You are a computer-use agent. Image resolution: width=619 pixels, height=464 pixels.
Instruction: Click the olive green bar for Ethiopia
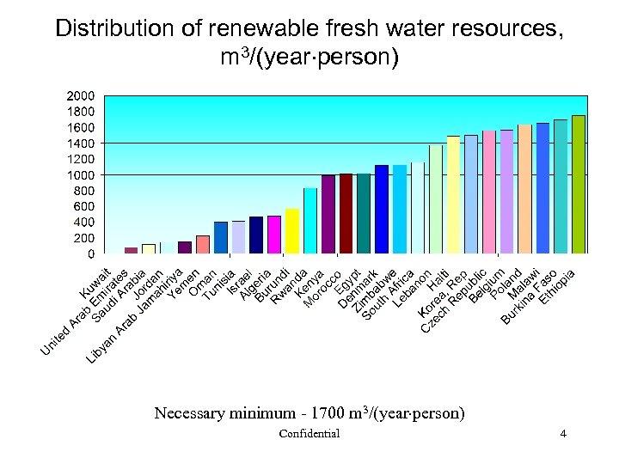click(x=578, y=185)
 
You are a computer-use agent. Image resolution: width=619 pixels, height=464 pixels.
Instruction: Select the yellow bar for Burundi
click(x=292, y=231)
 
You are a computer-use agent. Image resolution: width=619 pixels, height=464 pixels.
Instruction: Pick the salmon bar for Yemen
click(x=203, y=245)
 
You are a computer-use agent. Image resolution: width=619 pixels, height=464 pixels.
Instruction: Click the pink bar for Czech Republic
click(x=488, y=192)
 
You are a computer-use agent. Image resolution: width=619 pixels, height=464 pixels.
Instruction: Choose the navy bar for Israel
click(x=256, y=235)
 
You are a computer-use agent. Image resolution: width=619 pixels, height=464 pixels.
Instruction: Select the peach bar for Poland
click(x=524, y=189)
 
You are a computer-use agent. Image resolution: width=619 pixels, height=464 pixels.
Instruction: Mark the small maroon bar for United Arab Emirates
click(x=131, y=251)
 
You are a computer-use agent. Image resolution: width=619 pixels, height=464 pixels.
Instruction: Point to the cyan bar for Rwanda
click(x=309, y=221)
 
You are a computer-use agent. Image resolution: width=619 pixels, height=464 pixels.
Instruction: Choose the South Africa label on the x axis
click(x=388, y=296)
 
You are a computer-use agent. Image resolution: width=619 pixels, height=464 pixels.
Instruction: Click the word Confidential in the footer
click(x=309, y=434)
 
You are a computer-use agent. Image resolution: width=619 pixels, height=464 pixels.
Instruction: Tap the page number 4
click(x=562, y=434)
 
